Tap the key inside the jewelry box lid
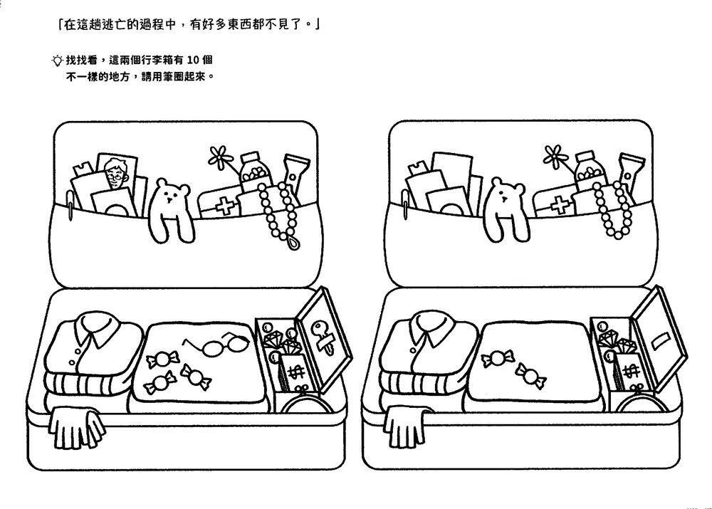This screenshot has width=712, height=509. click(322, 335)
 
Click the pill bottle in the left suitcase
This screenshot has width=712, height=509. click(255, 172)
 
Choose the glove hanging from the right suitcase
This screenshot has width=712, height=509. click(406, 426)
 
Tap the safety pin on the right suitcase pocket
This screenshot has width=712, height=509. click(405, 205)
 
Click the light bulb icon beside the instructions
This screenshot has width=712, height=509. click(57, 61)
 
